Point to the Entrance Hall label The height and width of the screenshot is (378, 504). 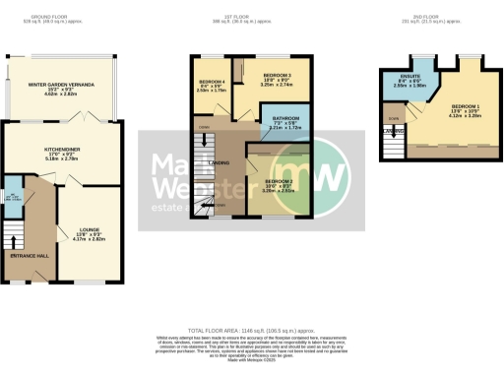29,256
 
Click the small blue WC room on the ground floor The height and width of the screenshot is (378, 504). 12,201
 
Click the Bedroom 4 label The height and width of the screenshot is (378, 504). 212,81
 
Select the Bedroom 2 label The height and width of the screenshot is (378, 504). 279,180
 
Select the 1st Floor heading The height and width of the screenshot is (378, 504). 234,16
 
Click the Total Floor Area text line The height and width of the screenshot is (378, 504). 251,332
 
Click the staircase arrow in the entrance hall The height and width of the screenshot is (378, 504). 13,240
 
